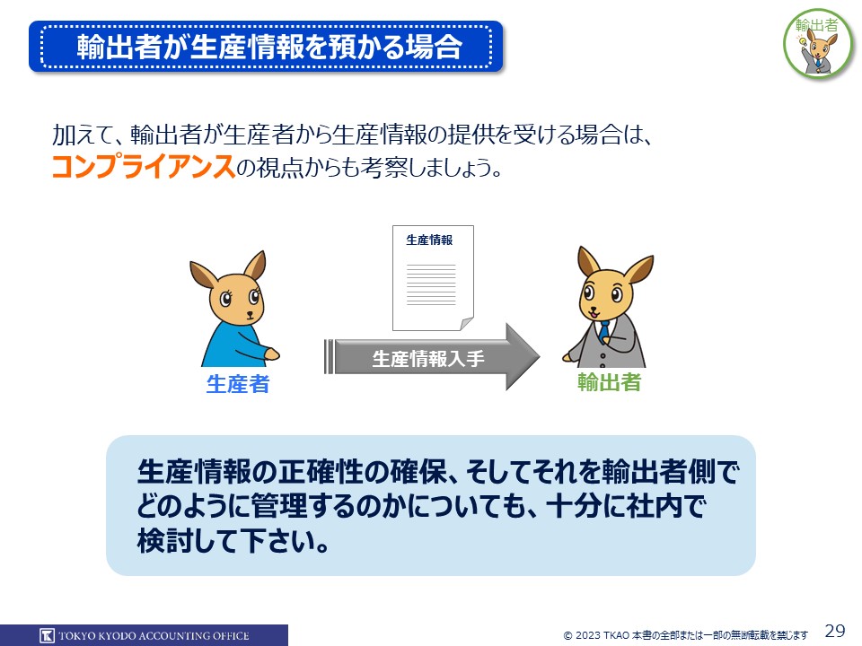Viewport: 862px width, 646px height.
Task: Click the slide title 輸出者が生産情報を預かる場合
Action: pos(269,47)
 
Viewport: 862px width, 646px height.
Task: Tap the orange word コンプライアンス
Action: pos(144,166)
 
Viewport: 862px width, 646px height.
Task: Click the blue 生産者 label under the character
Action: pos(238,384)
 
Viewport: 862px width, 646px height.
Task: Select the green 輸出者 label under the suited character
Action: pos(609,382)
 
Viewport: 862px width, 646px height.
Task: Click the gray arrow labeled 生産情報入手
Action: pos(432,357)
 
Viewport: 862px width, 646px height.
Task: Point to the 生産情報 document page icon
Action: pos(433,278)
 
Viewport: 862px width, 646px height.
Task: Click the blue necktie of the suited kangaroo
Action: pos(604,332)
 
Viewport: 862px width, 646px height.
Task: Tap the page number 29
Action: pos(835,630)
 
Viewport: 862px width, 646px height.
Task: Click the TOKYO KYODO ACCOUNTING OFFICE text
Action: pos(154,636)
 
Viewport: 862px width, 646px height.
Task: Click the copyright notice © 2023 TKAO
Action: pos(596,635)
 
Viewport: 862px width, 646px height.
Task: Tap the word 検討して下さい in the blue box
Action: pos(233,541)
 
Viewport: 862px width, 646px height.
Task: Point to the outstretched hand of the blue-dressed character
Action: pos(271,354)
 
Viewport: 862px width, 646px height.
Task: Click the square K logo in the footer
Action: pos(48,635)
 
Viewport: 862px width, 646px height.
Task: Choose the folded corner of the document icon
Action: pos(467,324)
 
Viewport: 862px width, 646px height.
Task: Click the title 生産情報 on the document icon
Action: pos(429,240)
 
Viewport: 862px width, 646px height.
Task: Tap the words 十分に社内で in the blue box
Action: pos(625,506)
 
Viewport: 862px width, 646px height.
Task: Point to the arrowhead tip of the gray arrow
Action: pos(540,357)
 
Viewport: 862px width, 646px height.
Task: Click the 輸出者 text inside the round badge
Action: pos(817,25)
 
